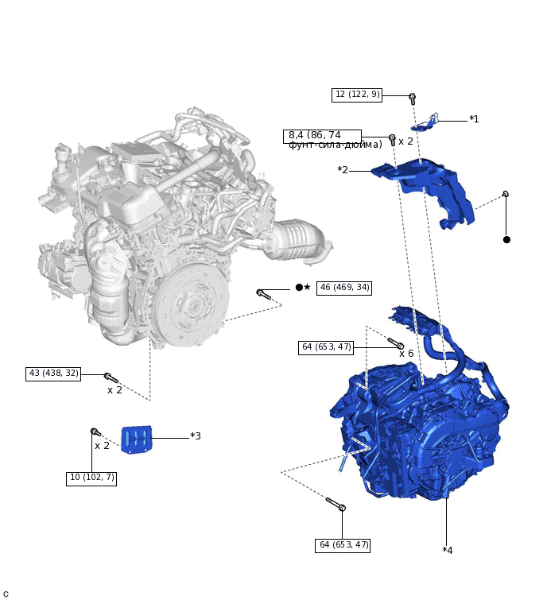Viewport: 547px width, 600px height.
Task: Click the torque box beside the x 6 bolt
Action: pyautogui.click(x=326, y=347)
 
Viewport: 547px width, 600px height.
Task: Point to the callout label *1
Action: pyautogui.click(x=474, y=119)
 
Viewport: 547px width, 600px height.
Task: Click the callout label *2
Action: pyautogui.click(x=343, y=170)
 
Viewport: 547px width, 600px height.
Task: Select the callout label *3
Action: pyautogui.click(x=196, y=436)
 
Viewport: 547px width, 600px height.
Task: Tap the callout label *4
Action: pyautogui.click(x=448, y=550)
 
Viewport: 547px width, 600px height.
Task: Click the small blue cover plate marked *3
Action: pyautogui.click(x=136, y=439)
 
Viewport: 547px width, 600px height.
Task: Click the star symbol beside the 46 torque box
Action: pyautogui.click(x=308, y=288)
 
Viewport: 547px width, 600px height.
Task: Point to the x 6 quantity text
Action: pyautogui.click(x=406, y=354)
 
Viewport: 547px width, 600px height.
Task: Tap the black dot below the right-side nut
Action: pyautogui.click(x=506, y=239)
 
